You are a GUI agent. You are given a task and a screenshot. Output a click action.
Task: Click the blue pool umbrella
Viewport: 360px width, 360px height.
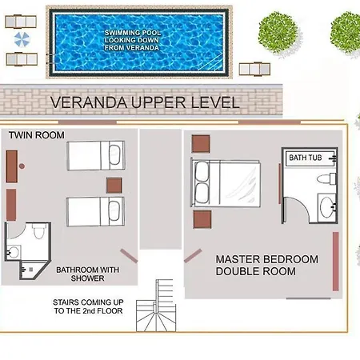[x=22, y=39]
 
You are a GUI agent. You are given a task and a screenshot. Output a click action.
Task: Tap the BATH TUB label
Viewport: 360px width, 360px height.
[x=306, y=158]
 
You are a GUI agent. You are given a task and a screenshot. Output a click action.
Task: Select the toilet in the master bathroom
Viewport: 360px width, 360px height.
[x=326, y=178]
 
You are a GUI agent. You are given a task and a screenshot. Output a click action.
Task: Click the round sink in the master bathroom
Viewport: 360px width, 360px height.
[x=326, y=207]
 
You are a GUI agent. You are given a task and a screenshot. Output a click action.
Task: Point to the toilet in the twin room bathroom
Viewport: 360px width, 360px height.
[x=39, y=231]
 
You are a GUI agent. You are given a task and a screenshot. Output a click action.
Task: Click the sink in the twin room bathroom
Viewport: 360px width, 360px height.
[x=14, y=252]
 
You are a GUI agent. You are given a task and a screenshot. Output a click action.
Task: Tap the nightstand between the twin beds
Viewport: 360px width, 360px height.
[x=114, y=186]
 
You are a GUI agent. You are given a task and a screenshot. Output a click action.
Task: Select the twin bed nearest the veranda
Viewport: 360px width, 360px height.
[x=96, y=156]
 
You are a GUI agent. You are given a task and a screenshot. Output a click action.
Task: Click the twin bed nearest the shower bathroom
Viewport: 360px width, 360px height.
[x=96, y=212]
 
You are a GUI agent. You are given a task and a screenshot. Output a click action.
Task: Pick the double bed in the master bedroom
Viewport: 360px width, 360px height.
[x=226, y=183]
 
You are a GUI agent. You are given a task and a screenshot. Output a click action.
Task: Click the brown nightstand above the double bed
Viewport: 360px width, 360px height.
[x=201, y=144]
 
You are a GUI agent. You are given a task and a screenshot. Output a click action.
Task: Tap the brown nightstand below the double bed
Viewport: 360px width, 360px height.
[x=202, y=219]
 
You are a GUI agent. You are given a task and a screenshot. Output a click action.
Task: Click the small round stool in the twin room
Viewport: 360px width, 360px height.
[x=22, y=166]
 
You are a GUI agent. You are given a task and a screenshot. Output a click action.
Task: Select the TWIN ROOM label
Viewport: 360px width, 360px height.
[x=37, y=135]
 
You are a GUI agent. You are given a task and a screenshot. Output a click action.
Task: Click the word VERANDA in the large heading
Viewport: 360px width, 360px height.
[x=89, y=102]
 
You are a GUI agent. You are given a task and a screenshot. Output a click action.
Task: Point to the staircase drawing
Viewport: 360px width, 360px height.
[x=156, y=306]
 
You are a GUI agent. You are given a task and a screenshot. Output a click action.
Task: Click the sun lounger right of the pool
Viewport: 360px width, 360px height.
[x=254, y=70]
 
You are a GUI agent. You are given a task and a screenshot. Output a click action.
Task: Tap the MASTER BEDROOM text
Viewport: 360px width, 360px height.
[x=267, y=259]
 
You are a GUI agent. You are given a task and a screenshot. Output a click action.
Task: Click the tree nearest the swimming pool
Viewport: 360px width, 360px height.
[x=278, y=33]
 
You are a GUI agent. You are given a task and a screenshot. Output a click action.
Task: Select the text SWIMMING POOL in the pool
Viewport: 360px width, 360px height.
[x=133, y=33]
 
